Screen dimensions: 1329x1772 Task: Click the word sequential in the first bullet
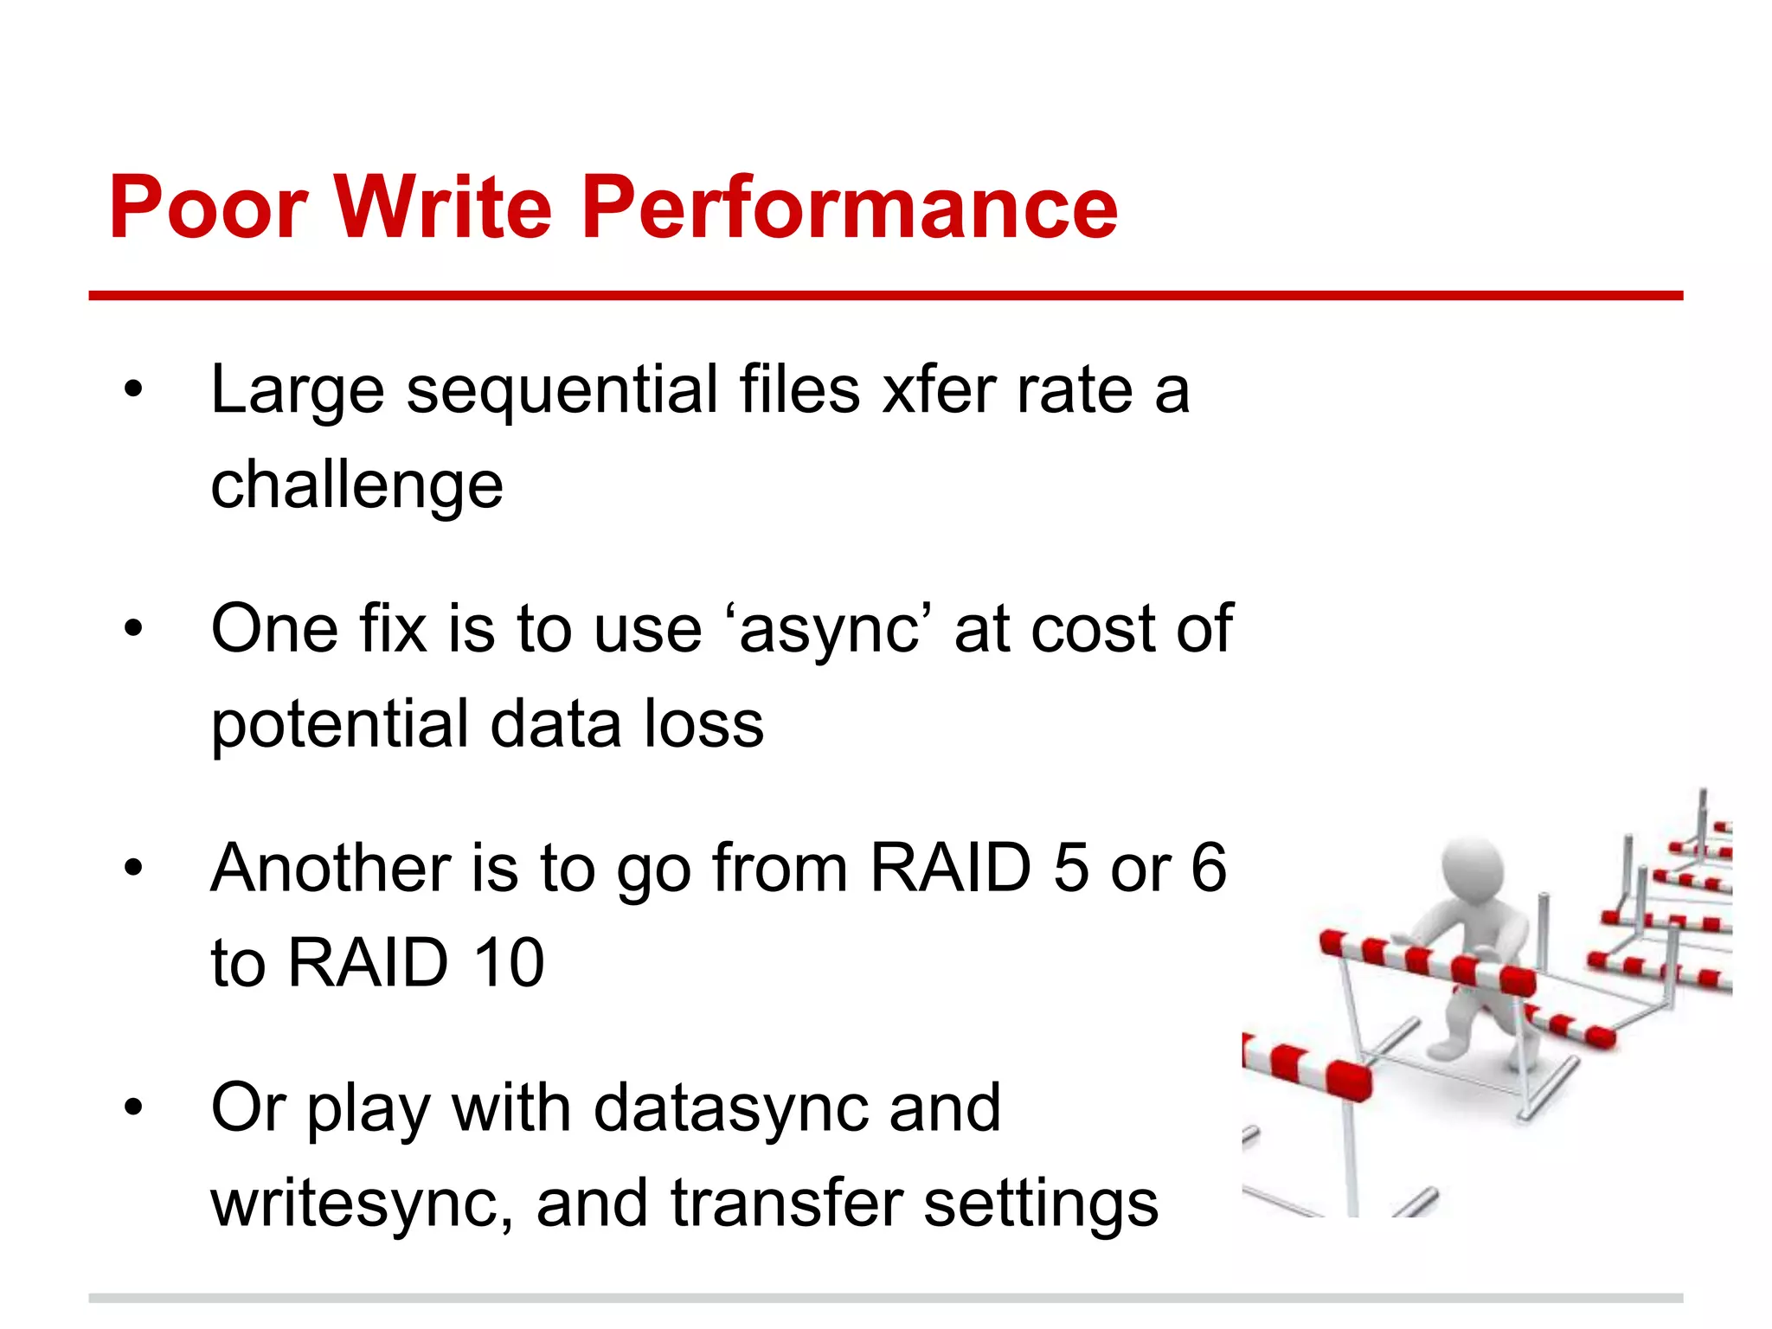562,391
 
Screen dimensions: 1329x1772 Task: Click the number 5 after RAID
1070,868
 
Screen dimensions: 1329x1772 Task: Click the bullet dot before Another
132,868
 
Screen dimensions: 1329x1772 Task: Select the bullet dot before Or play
132,1107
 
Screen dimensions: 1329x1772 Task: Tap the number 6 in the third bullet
1208,868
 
